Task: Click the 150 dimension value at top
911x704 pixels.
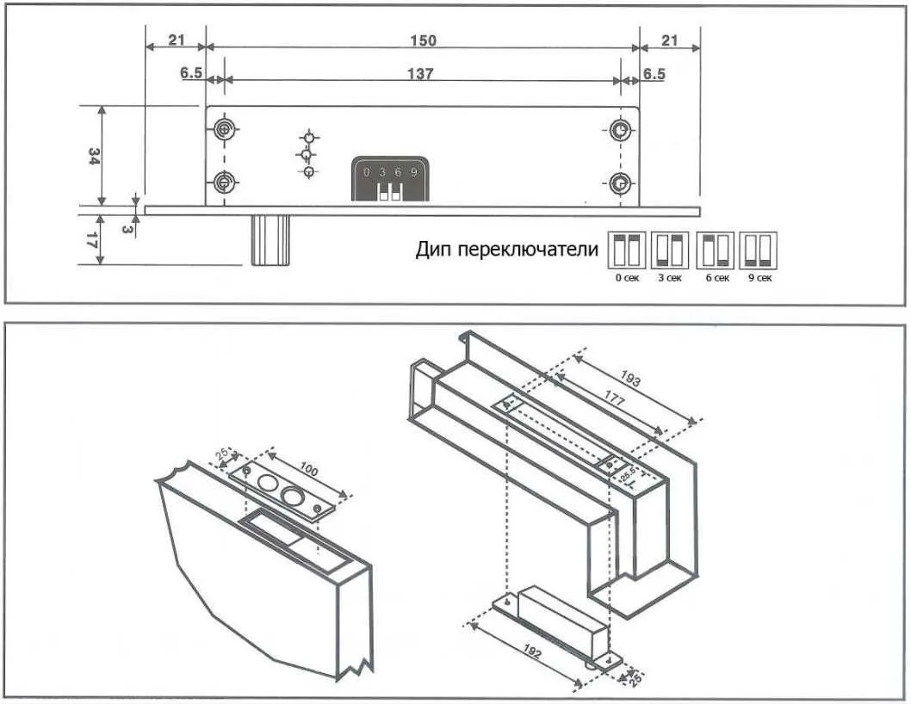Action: [x=424, y=40]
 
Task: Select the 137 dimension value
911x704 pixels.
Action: [x=420, y=74]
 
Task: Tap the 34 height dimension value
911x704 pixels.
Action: [x=94, y=156]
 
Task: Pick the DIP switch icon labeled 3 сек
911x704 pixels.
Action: [x=668, y=250]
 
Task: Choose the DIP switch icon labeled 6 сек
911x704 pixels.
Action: [x=716, y=250]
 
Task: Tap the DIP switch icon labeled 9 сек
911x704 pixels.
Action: [x=759, y=250]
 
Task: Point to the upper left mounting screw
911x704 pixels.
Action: [x=223, y=130]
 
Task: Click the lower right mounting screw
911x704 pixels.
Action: [x=620, y=183]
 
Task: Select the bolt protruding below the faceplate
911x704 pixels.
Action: [x=267, y=239]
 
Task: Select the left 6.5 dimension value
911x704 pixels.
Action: [x=190, y=74]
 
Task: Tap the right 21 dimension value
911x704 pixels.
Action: [x=669, y=40]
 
